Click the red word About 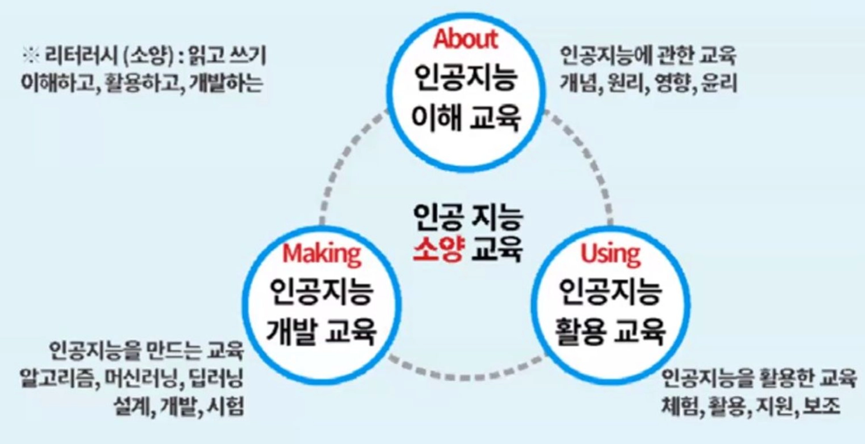466,39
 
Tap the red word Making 321,254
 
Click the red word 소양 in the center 438,249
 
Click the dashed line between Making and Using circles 465,377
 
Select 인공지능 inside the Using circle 610,292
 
